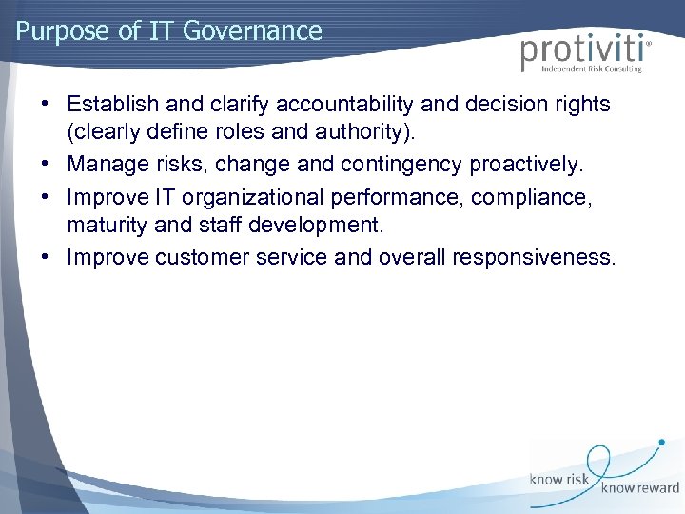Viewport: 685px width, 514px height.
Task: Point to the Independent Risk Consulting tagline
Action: click(591, 69)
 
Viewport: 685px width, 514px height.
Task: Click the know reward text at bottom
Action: click(639, 488)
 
